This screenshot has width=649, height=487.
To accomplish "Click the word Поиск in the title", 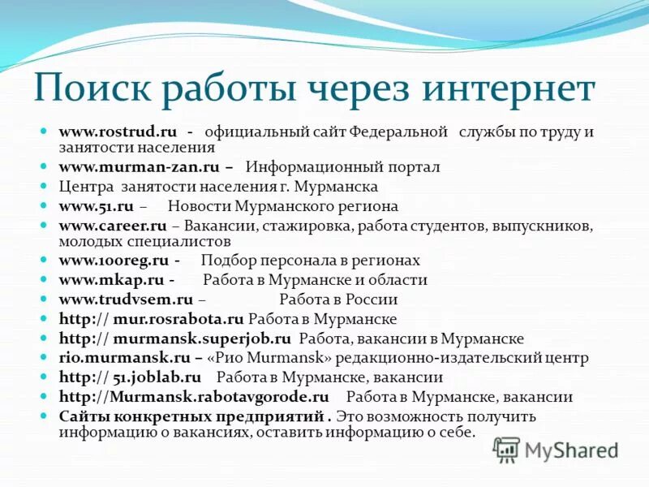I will tap(96, 89).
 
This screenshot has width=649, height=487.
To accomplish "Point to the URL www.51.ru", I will tap(96, 206).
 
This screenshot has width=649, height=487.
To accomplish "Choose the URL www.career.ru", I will tap(113, 224).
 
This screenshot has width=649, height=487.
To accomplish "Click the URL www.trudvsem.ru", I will tap(126, 300).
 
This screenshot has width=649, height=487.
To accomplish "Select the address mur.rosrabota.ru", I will tap(178, 319).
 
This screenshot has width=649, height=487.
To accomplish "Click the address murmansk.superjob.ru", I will tap(202, 338).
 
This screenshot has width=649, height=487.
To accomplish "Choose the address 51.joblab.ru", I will tap(157, 377).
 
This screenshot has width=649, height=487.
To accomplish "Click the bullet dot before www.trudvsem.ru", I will tap(47, 300).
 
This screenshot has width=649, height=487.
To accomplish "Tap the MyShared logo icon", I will tap(506, 449).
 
